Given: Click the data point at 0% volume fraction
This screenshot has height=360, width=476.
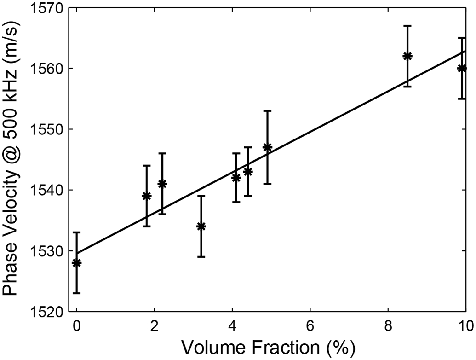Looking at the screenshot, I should click(76, 263).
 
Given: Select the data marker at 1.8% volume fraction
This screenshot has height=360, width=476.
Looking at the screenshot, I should click(147, 196).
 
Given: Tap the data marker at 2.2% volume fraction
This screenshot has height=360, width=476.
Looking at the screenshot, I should click(162, 184).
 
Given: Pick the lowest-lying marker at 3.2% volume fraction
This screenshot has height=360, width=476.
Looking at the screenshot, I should click(201, 226).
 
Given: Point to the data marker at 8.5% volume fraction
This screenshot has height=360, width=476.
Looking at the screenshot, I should click(407, 56).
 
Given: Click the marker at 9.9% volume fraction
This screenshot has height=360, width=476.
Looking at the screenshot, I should click(462, 68).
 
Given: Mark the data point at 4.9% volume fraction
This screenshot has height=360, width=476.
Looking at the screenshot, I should click(267, 147).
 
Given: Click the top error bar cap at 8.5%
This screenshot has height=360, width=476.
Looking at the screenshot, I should click(407, 26).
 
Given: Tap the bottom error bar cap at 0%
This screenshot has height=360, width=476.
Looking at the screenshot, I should click(76, 293).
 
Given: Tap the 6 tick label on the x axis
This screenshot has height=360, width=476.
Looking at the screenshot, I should click(310, 325).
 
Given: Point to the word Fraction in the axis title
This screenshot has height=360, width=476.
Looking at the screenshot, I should click(281, 346).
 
